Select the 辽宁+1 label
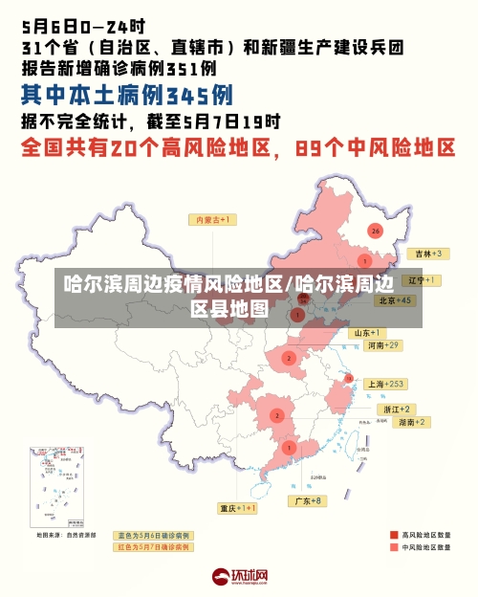pos(422,280)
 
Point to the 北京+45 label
pos(395,299)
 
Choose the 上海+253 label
pos(385,384)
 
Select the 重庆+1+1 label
pos(237,508)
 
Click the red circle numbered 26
pos(375,231)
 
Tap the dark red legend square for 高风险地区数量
pos(393,535)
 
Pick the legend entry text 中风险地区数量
pos(425,548)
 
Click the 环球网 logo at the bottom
pos(239,577)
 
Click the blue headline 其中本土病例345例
pos(126,96)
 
